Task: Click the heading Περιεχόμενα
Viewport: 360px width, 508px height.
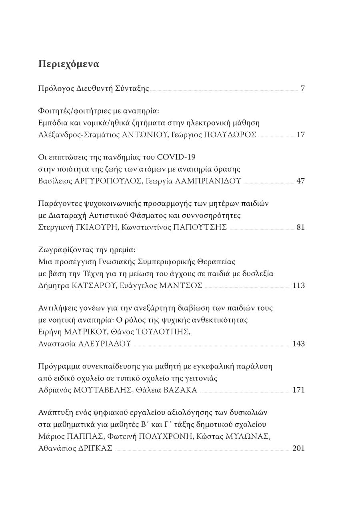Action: (69, 64)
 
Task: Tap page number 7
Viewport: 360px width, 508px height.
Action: (302, 88)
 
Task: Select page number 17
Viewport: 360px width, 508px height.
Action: (301, 135)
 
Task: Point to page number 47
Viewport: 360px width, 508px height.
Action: (301, 181)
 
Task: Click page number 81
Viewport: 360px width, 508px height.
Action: (301, 227)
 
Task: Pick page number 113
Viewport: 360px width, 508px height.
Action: (299, 285)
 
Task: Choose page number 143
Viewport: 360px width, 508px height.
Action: (299, 343)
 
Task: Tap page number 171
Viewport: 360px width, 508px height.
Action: (299, 390)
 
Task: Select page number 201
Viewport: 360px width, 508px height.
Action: (299, 448)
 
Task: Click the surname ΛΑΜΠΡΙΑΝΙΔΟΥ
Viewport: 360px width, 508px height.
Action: (208, 181)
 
